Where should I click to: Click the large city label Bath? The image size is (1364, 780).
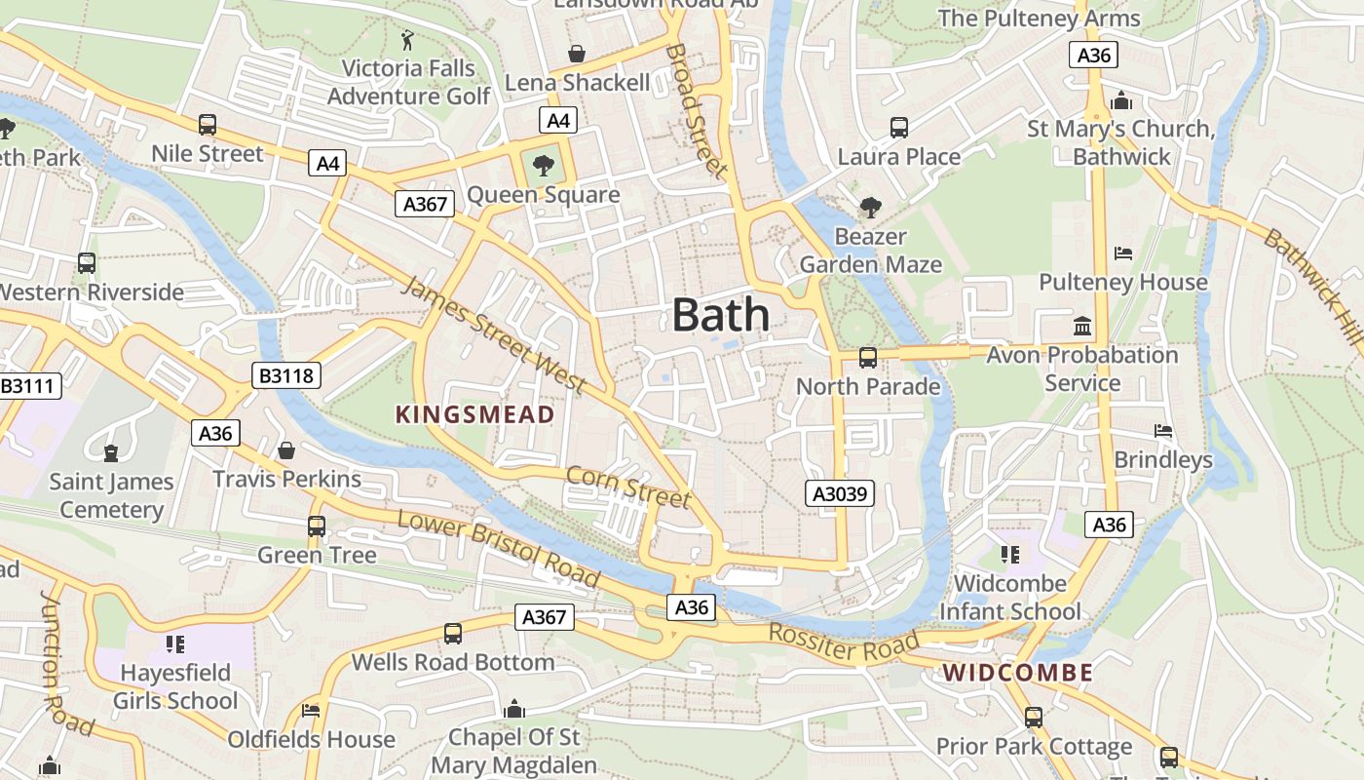721,316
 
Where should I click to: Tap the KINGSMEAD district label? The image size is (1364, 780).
474,414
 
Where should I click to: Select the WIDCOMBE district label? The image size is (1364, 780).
1017,673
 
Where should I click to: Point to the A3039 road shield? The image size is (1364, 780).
840,493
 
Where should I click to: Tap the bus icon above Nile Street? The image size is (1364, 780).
208,125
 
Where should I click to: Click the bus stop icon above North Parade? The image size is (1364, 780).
867,358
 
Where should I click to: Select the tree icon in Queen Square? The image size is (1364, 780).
543,164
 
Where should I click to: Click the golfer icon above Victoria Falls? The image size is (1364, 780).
408,40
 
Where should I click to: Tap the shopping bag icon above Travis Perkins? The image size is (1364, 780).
286,450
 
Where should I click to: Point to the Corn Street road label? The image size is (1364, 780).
628,487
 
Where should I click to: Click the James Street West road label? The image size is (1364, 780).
494,335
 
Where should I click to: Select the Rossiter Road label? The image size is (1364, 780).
844,643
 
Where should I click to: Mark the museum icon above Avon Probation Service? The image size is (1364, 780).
1081,326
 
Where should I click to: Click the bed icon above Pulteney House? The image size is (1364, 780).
1122,253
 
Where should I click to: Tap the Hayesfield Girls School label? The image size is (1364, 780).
175,686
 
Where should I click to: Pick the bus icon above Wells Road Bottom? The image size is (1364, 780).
453,633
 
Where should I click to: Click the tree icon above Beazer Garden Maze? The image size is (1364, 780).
870,207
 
